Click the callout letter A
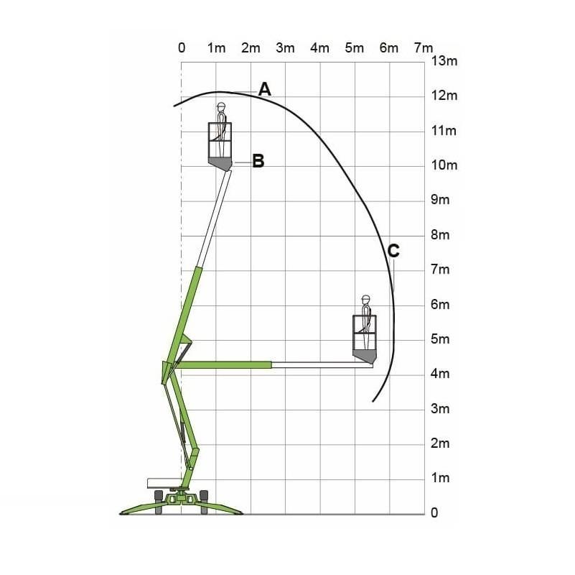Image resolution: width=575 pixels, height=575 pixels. [x=265, y=89]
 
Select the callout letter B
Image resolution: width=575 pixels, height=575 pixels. [x=258, y=161]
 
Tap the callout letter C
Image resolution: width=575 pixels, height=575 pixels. [x=393, y=251]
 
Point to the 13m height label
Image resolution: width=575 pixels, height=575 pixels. [x=444, y=60]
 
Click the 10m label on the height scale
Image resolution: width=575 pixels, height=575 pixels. [x=444, y=165]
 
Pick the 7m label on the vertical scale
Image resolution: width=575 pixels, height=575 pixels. [x=440, y=270]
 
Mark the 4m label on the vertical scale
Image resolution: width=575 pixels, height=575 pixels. [x=440, y=374]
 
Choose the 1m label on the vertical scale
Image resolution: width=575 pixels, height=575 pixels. [x=440, y=478]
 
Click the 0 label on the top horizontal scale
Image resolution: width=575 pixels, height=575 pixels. [x=182, y=47]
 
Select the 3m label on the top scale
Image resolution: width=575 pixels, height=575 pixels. [x=285, y=47]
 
